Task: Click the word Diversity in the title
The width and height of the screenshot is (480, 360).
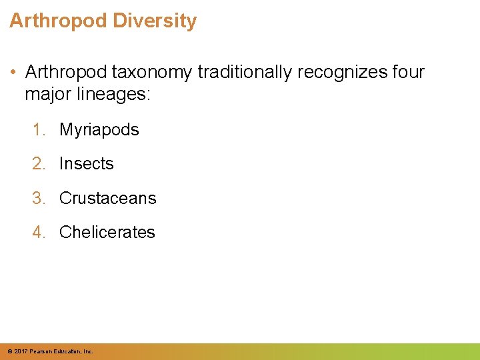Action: click(155, 21)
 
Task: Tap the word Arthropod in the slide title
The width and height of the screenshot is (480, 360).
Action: click(58, 21)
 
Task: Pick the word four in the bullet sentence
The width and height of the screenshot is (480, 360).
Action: click(407, 73)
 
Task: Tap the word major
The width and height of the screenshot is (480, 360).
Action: click(49, 94)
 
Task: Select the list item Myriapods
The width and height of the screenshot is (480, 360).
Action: click(99, 129)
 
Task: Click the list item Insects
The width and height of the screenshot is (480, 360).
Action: click(87, 163)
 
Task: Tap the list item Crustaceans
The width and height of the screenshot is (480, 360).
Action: click(108, 198)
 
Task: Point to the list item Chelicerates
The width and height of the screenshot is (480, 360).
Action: click(107, 232)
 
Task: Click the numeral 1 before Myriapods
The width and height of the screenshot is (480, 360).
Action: click(37, 129)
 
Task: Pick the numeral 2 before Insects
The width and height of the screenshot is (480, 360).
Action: click(37, 163)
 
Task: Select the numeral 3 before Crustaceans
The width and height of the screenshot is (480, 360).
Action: click(37, 198)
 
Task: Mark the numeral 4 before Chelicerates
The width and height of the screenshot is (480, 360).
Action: click(37, 232)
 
